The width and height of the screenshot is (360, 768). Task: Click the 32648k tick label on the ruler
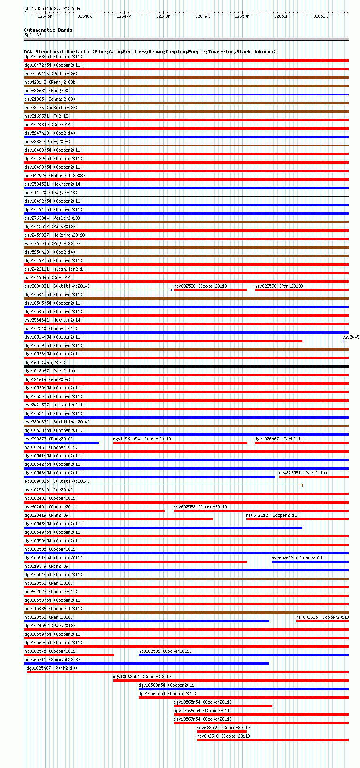[163, 16]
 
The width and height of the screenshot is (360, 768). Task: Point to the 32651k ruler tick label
[281, 16]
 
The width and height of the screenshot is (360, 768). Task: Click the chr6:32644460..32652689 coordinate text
[52, 8]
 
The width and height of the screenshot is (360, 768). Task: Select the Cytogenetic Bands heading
[48, 30]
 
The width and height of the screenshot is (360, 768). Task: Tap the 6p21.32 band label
[33, 35]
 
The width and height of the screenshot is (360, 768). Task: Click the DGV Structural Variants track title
[150, 52]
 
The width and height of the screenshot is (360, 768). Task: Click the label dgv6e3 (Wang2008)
[45, 362]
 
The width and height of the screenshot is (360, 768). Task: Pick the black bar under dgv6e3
[186, 366]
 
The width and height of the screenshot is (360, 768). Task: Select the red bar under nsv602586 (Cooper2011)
[210, 290]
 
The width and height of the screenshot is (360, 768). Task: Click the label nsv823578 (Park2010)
[279, 286]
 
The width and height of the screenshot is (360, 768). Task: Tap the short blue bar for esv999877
[61, 443]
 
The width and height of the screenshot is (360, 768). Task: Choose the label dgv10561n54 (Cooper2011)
[142, 439]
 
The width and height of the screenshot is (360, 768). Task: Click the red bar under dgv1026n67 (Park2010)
[301, 443]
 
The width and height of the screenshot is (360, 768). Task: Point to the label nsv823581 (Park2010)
[303, 473]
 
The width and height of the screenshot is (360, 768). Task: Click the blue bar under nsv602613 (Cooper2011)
[310, 562]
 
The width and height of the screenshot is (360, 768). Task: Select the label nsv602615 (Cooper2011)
[322, 617]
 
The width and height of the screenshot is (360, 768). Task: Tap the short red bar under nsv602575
[69, 655]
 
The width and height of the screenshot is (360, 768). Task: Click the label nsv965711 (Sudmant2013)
[52, 660]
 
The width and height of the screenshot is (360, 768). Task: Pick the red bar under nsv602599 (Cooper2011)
[222, 732]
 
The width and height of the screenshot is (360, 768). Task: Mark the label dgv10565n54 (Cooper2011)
[203, 702]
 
